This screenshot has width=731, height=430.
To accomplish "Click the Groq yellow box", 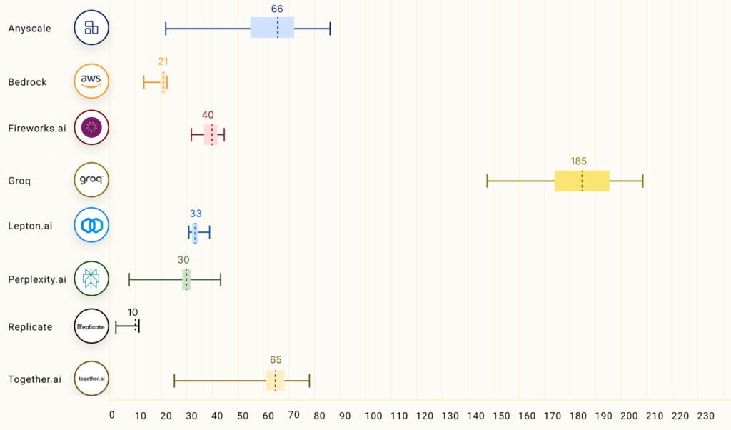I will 581,181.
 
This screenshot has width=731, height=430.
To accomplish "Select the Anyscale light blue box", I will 272,28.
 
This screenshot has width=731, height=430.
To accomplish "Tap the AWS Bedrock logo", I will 91,81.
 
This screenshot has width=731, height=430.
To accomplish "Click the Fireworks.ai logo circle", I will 91,128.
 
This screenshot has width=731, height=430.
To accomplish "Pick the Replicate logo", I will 91,326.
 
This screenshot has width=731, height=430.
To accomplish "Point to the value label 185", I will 578,161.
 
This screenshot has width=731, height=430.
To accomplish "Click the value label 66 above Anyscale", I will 277,9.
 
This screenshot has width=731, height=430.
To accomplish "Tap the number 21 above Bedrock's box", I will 163,61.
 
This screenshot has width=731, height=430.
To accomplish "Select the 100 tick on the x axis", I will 373,416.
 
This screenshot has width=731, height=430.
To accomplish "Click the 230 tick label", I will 705,416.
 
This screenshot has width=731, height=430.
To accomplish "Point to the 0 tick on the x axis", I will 112,416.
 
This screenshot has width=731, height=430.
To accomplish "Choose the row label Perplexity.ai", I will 37,279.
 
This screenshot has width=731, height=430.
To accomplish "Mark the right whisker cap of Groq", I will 642,181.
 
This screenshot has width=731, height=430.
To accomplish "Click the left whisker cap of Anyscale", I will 166,29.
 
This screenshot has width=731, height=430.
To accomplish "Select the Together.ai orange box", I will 275,381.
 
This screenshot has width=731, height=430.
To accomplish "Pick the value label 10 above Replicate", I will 133,312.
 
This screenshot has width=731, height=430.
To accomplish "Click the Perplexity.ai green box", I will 186,279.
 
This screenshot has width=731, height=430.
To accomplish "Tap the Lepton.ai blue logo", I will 91,225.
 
